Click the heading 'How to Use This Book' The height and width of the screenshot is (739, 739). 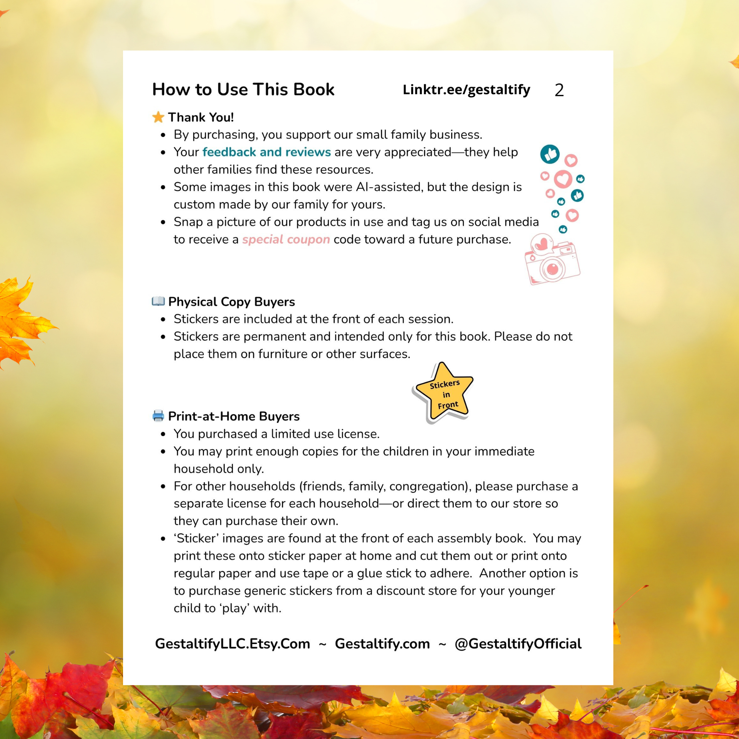point(243,90)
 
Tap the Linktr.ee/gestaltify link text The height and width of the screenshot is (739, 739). point(466,90)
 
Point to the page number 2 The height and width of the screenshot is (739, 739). point(559,91)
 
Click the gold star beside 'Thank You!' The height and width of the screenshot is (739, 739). point(158,117)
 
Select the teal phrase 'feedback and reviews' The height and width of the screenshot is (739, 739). point(266,152)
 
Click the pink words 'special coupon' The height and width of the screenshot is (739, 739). point(286,240)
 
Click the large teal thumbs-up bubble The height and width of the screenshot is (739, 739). point(550,154)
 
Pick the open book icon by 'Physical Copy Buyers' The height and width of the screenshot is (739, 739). point(158,302)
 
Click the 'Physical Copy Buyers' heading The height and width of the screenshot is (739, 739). point(231,302)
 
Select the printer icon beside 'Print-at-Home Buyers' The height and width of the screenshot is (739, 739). point(158,416)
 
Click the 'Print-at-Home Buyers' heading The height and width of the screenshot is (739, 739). point(234,417)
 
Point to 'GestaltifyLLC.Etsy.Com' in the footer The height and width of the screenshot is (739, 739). point(232,644)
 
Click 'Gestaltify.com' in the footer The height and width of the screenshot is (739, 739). point(382,644)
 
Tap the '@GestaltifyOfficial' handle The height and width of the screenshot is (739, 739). point(518,644)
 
